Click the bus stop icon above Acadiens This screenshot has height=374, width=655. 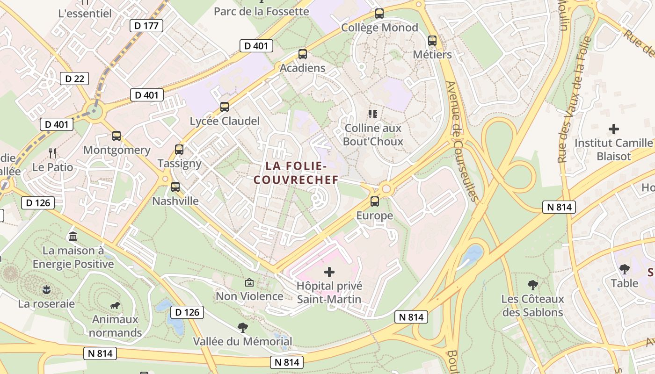pos(303,54)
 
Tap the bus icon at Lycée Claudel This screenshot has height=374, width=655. pos(225,107)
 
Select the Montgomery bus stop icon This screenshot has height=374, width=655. pos(116,136)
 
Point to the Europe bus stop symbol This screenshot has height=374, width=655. pos(375,201)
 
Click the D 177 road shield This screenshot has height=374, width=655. pos(146,26)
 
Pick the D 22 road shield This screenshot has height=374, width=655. pos(74,79)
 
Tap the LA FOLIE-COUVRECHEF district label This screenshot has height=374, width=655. pos(295,173)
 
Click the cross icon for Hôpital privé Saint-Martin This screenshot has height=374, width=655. pos(329,272)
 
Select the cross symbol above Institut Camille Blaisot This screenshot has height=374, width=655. pos(614,129)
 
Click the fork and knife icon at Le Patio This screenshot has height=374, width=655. pos(52,153)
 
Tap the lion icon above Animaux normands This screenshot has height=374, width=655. pos(115,306)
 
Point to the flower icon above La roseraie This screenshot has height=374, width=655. pos(46,290)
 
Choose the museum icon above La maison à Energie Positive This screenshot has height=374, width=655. pos(73,236)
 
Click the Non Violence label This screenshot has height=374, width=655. pos(249,296)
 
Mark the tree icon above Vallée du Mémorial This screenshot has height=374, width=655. pos(242,327)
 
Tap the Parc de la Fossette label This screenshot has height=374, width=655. pos(262,11)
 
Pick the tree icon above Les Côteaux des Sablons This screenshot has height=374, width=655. pos(532,285)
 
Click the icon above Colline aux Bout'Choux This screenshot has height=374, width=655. pos(373,114)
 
